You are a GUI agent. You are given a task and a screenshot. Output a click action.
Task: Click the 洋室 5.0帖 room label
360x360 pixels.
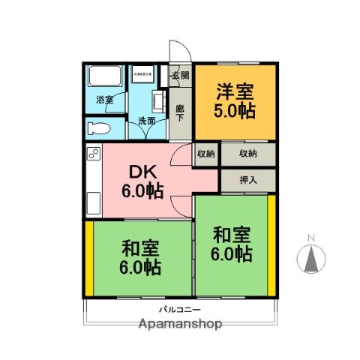click(x=235, y=100)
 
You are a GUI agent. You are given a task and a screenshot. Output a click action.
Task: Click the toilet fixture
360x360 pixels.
click(x=97, y=127)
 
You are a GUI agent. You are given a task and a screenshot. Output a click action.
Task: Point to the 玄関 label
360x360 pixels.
click(x=179, y=75)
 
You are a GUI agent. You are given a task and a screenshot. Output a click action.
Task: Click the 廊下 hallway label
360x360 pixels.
click(x=179, y=112)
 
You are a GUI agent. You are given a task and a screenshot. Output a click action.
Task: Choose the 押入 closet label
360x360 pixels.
click(x=247, y=179)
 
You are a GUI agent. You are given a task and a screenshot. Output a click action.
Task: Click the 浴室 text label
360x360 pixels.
click(x=104, y=100)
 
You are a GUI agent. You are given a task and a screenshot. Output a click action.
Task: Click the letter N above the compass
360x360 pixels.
click(x=310, y=239)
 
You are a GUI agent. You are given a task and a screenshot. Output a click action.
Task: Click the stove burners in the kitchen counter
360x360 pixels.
click(x=94, y=155)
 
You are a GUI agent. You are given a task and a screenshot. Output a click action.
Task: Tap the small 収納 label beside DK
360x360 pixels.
click(x=206, y=154)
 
